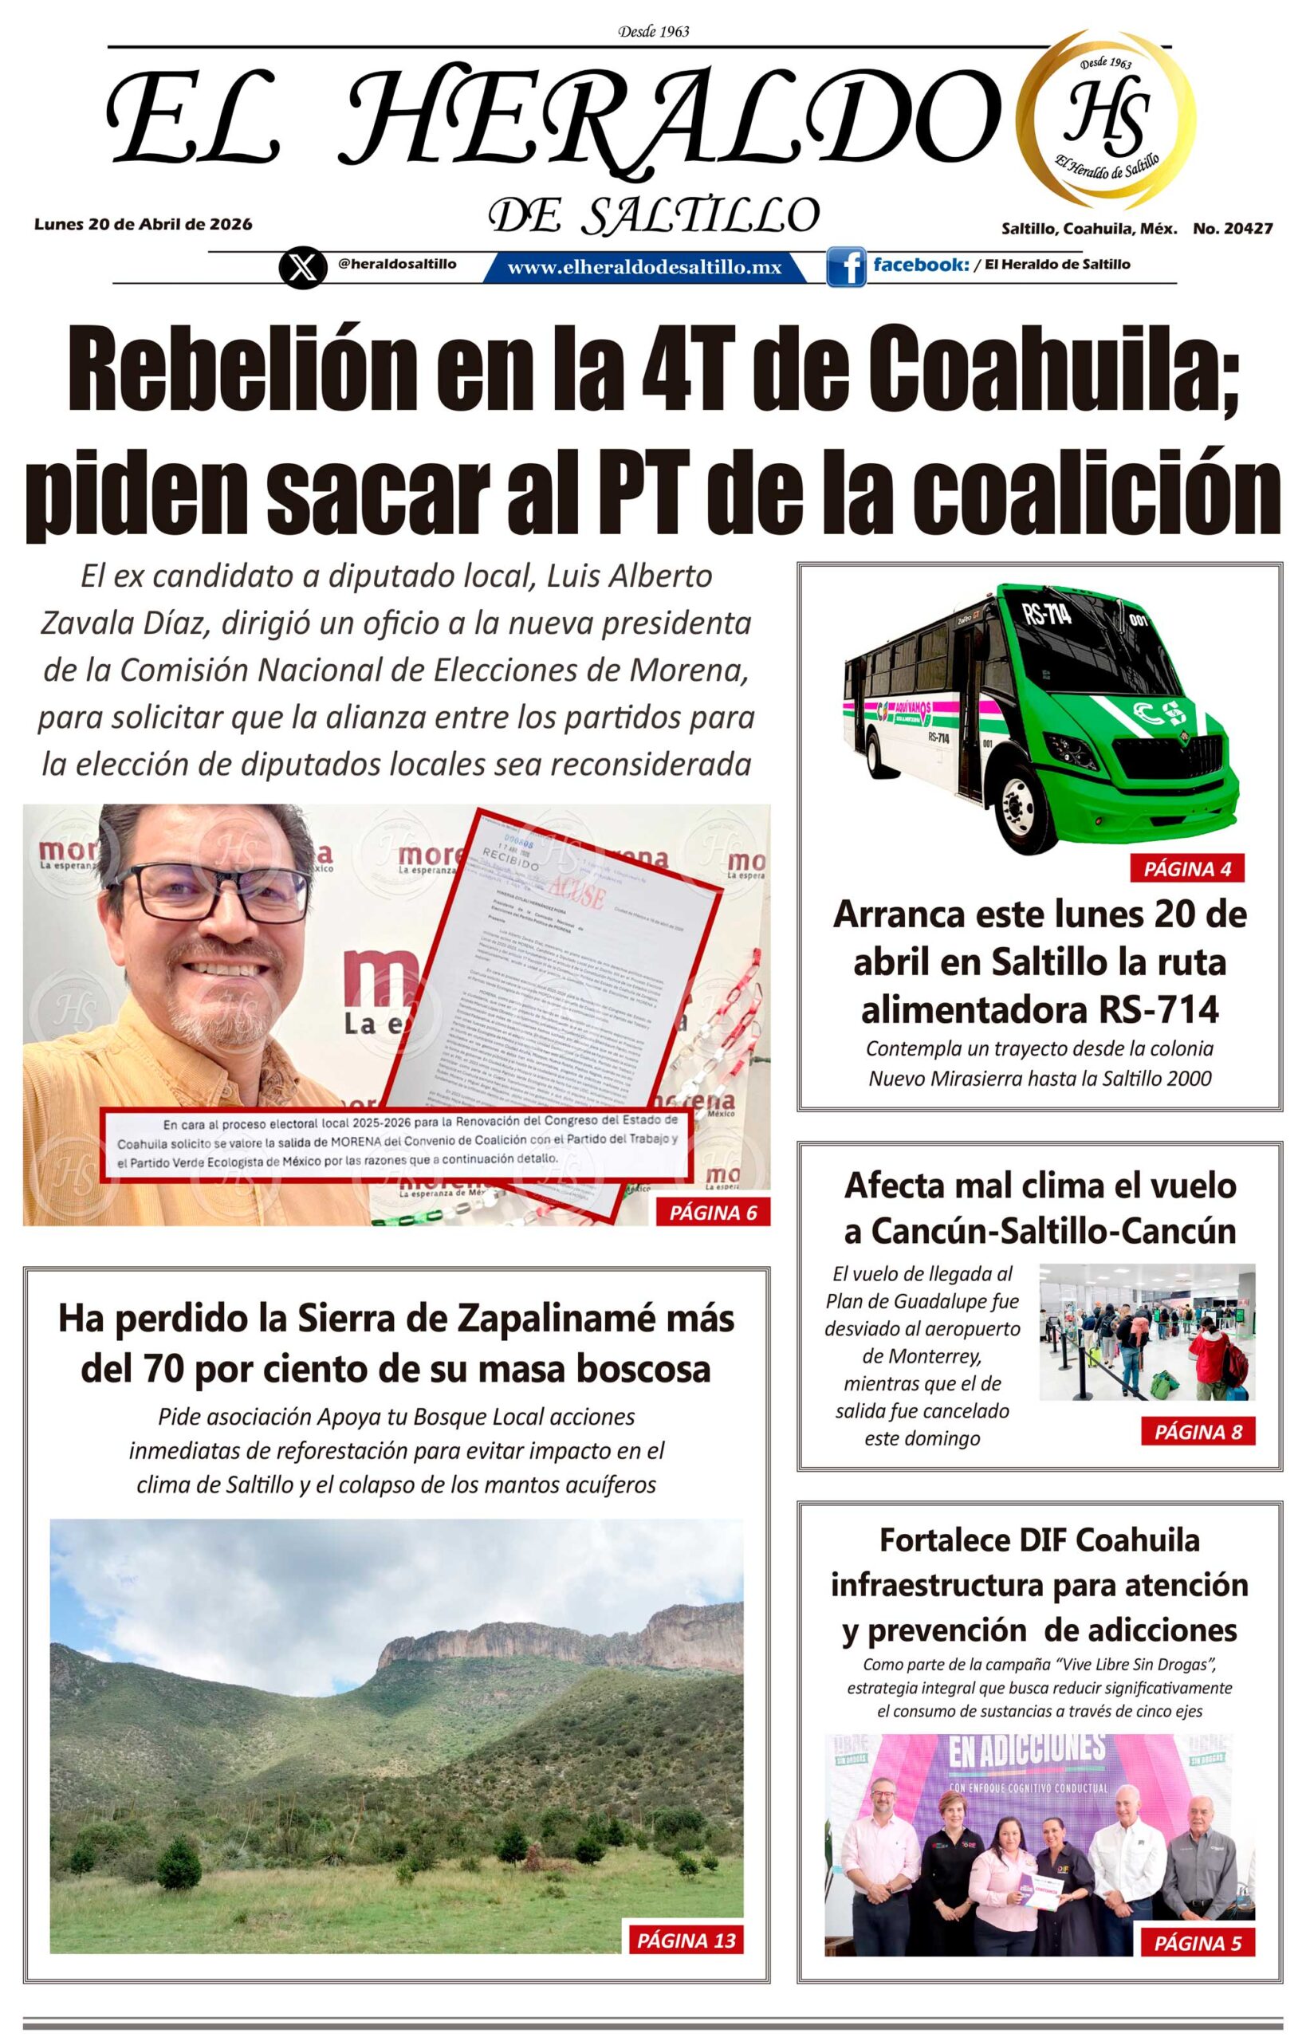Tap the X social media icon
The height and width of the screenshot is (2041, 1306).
(x=302, y=267)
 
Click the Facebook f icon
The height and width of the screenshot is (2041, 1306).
(x=845, y=266)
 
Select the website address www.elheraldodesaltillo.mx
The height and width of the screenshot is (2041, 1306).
(x=643, y=268)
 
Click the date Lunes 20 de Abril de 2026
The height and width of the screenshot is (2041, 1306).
(x=144, y=225)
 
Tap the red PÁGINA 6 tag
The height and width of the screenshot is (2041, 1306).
(x=712, y=1213)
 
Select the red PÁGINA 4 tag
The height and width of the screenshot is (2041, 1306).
(x=1186, y=868)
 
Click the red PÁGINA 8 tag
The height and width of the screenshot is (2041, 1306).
(x=1198, y=1432)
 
